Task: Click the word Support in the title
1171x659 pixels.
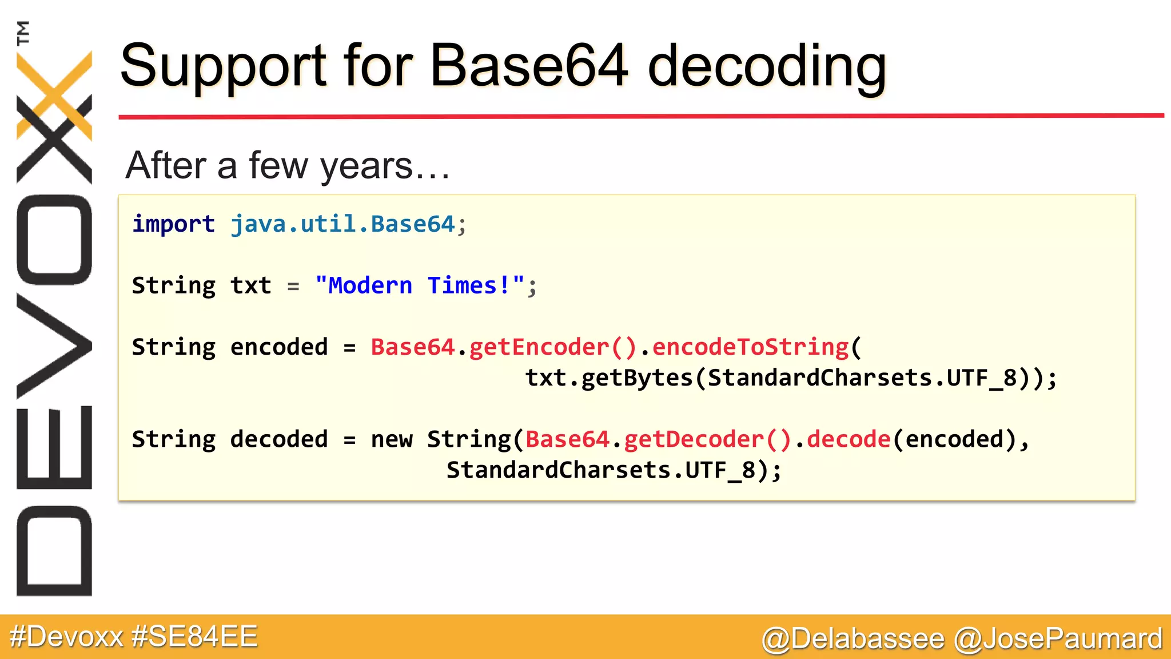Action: point(224,68)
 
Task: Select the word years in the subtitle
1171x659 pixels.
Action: point(366,166)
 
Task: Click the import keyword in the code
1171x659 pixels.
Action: point(173,224)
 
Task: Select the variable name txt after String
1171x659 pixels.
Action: point(250,285)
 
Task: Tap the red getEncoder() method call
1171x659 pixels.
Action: point(552,347)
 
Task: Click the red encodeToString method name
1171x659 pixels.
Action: point(750,347)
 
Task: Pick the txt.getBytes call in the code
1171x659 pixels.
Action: point(608,378)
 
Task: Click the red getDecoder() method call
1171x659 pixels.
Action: point(707,439)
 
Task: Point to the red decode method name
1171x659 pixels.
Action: point(849,439)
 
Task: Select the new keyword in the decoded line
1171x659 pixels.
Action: point(392,439)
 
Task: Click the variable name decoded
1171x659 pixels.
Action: point(279,439)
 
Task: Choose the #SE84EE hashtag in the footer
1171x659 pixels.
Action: point(194,637)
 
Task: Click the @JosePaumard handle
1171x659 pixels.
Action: point(1058,638)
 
